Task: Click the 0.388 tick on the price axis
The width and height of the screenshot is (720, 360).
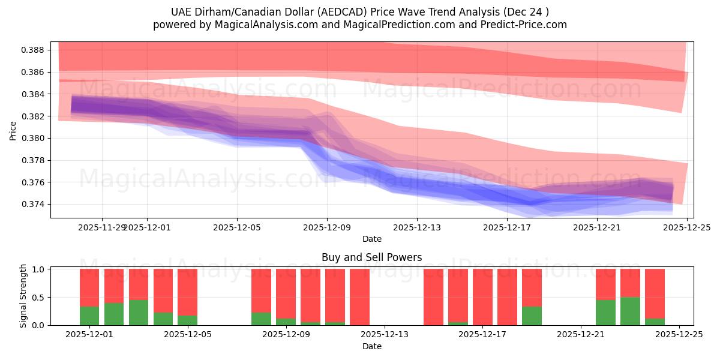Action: coord(37,50)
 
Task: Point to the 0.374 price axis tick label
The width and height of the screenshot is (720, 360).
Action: coord(37,205)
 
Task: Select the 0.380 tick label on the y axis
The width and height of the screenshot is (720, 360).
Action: coord(37,138)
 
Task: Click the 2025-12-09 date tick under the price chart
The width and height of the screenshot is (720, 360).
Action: coord(327,228)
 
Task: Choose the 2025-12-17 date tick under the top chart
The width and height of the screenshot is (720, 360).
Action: coord(507,228)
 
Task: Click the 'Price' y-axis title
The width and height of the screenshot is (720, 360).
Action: coord(13,130)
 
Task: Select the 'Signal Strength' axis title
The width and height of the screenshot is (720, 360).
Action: coord(23,296)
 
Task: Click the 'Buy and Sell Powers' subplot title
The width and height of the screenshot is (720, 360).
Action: coord(371,257)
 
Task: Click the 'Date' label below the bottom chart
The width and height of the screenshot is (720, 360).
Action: coord(371,346)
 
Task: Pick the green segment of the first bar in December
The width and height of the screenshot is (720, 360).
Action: coord(89,316)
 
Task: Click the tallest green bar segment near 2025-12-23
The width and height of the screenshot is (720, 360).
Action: coord(630,311)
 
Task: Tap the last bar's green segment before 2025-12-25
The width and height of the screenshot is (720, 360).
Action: coord(655,322)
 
